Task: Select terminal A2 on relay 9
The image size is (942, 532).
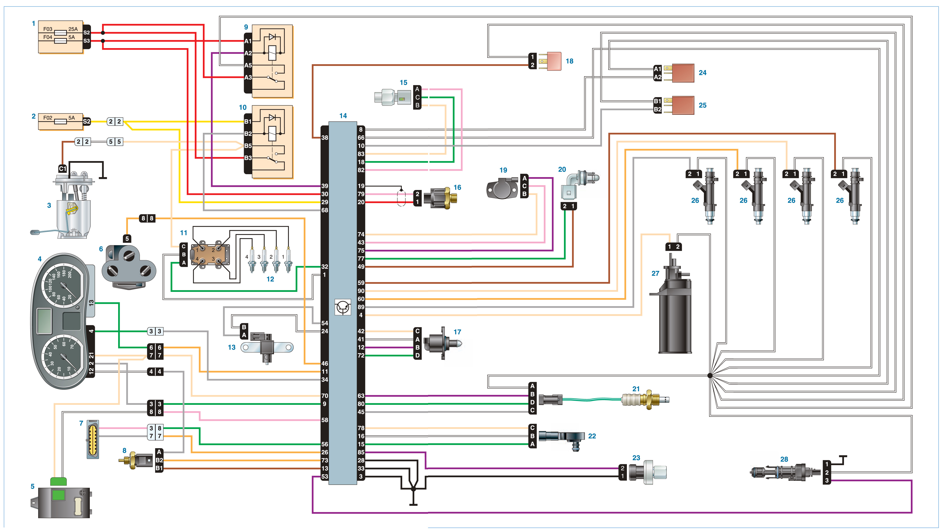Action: click(x=248, y=53)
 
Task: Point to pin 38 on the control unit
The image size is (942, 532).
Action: click(x=324, y=138)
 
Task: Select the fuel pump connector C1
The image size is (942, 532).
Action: click(x=63, y=169)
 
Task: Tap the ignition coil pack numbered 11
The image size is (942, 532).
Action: click(x=210, y=255)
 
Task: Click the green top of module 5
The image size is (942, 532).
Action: click(x=58, y=481)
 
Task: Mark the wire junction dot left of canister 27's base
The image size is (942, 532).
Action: click(x=710, y=375)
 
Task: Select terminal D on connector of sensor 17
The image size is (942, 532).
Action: click(x=417, y=355)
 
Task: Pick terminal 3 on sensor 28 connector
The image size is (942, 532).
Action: click(x=827, y=480)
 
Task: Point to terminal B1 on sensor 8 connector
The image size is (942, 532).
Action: click(x=159, y=468)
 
